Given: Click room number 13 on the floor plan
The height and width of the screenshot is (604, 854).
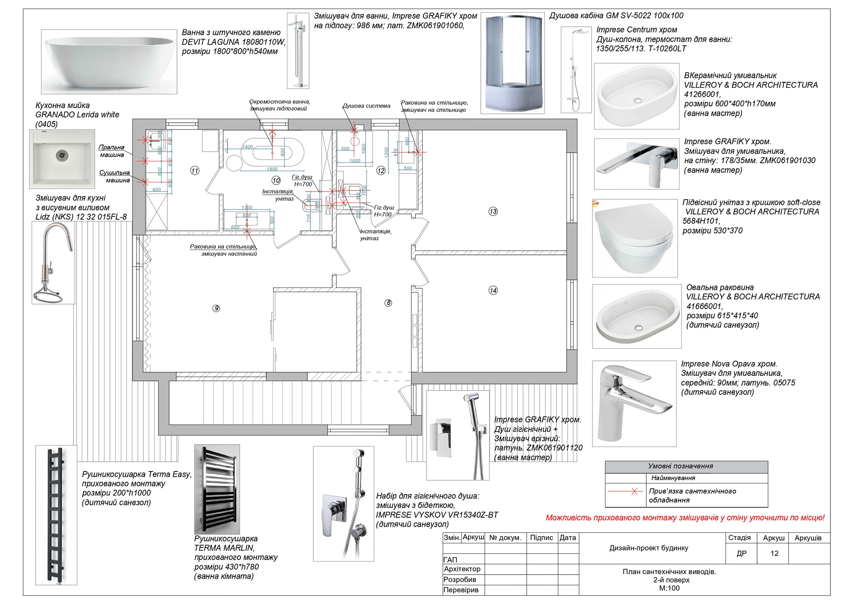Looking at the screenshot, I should point(493,211).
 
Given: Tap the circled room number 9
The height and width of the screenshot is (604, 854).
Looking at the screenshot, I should point(216,308).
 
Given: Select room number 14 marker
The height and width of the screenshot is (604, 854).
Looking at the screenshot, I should point(493,290).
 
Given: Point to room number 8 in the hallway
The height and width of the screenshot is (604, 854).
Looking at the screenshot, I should point(388,303).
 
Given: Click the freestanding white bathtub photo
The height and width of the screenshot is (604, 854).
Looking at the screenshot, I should point(109,61).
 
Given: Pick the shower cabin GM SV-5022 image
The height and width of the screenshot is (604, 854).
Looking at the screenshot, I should point(513,62).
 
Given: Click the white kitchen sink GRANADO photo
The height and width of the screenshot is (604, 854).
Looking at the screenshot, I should point(62,159).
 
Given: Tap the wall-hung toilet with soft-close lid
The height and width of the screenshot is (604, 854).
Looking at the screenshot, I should point(635,238).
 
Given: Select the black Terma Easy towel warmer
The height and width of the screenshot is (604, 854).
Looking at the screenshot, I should point(56,515).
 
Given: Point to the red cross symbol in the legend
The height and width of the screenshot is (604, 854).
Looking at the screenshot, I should point(634,491).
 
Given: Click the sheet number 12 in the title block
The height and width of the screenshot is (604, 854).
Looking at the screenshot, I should point(774,553).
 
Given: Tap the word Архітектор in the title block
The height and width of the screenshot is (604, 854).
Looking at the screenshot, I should point(462,569).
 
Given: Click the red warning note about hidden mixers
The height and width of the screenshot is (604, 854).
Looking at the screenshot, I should point(685,518).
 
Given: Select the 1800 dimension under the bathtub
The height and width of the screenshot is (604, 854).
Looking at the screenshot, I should point(272,169).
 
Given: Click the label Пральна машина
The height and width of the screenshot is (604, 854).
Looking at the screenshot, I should point(112,151).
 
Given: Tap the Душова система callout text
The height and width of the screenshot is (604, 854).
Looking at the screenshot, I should point(366,106).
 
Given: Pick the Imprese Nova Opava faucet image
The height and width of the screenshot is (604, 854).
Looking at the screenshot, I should point(634,403).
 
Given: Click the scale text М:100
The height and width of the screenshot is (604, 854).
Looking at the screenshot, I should point(669,588).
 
